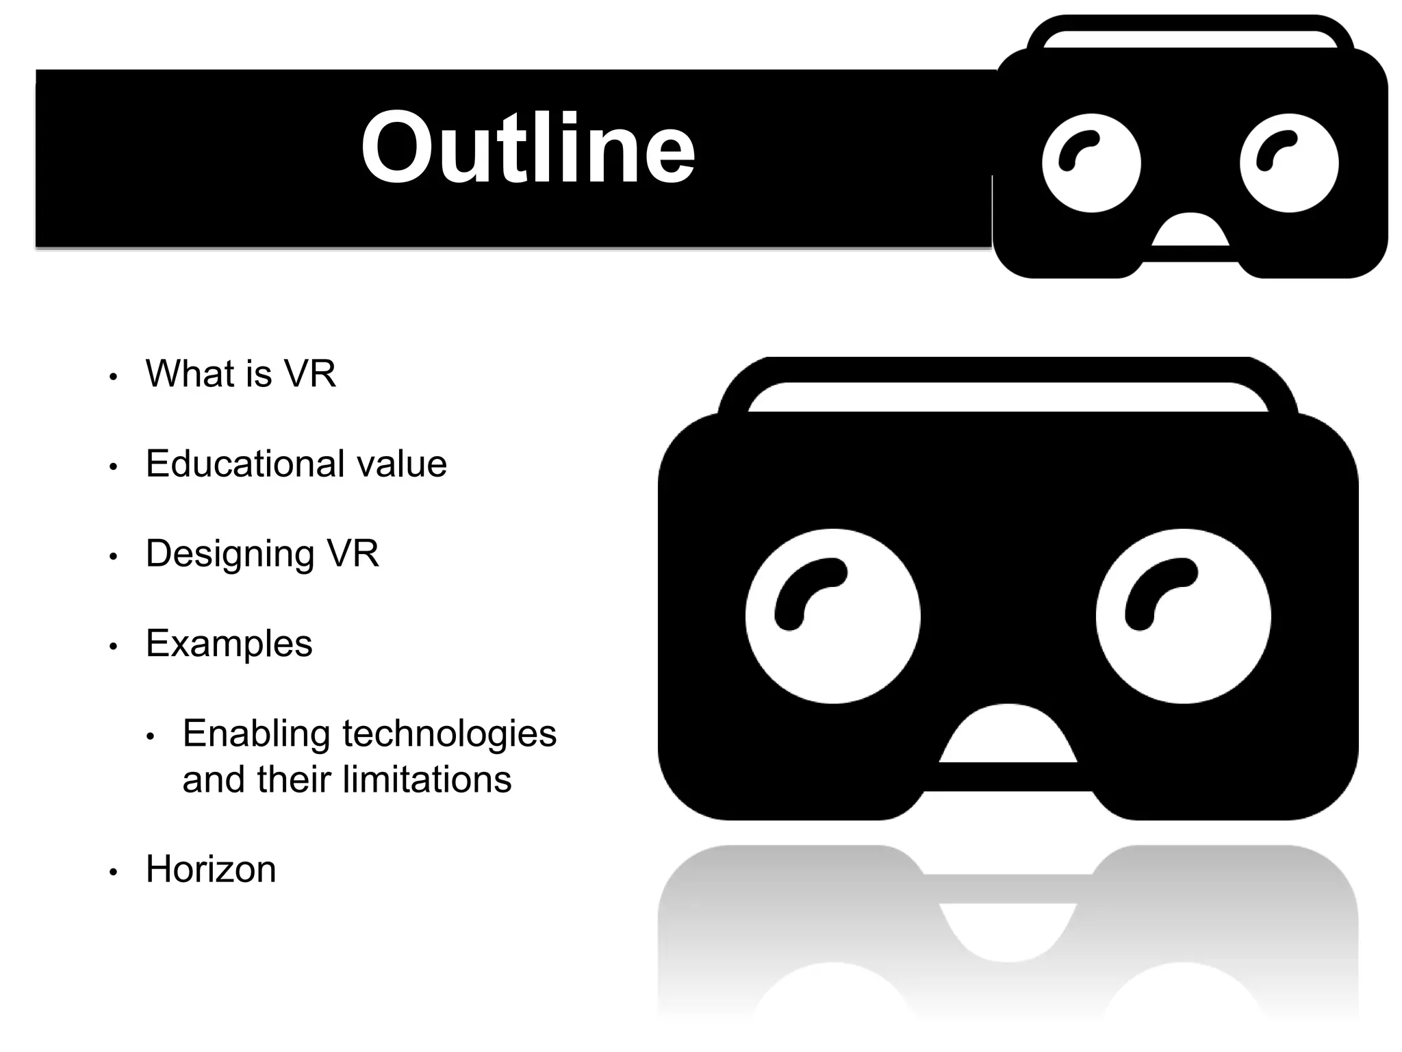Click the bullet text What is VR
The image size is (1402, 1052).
(240, 374)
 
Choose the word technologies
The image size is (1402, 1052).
(449, 734)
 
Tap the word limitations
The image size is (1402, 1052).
(426, 779)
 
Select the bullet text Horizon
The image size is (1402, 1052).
(211, 869)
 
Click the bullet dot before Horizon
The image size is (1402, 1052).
(114, 873)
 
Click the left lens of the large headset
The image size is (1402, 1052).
(832, 616)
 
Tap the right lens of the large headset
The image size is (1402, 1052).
(1183, 616)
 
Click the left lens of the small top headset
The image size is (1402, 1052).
(1091, 163)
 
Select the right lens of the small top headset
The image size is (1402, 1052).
(1289, 163)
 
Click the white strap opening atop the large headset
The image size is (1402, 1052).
(1008, 397)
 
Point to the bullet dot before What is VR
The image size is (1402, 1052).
(114, 377)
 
